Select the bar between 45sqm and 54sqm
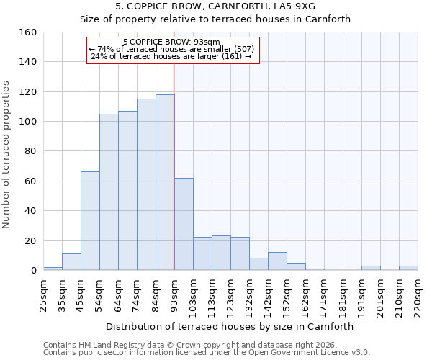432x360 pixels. pyautogui.click(x=90, y=221)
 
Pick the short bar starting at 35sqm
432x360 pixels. pyautogui.click(x=71, y=262)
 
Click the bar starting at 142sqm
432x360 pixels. pyautogui.click(x=277, y=261)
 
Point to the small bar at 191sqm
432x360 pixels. pyautogui.click(x=371, y=268)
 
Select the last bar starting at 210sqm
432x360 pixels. pyautogui.click(x=408, y=268)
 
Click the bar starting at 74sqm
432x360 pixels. pyautogui.click(x=146, y=184)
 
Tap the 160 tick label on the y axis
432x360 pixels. pyautogui.click(x=28, y=32)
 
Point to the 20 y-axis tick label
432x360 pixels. pyautogui.click(x=31, y=240)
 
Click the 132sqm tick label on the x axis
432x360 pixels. pyautogui.click(x=250, y=297)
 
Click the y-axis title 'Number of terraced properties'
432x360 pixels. pyautogui.click(x=7, y=155)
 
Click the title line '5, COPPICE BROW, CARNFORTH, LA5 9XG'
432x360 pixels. pyautogui.click(x=215, y=6)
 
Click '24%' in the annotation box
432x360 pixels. pyautogui.click(x=99, y=56)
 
